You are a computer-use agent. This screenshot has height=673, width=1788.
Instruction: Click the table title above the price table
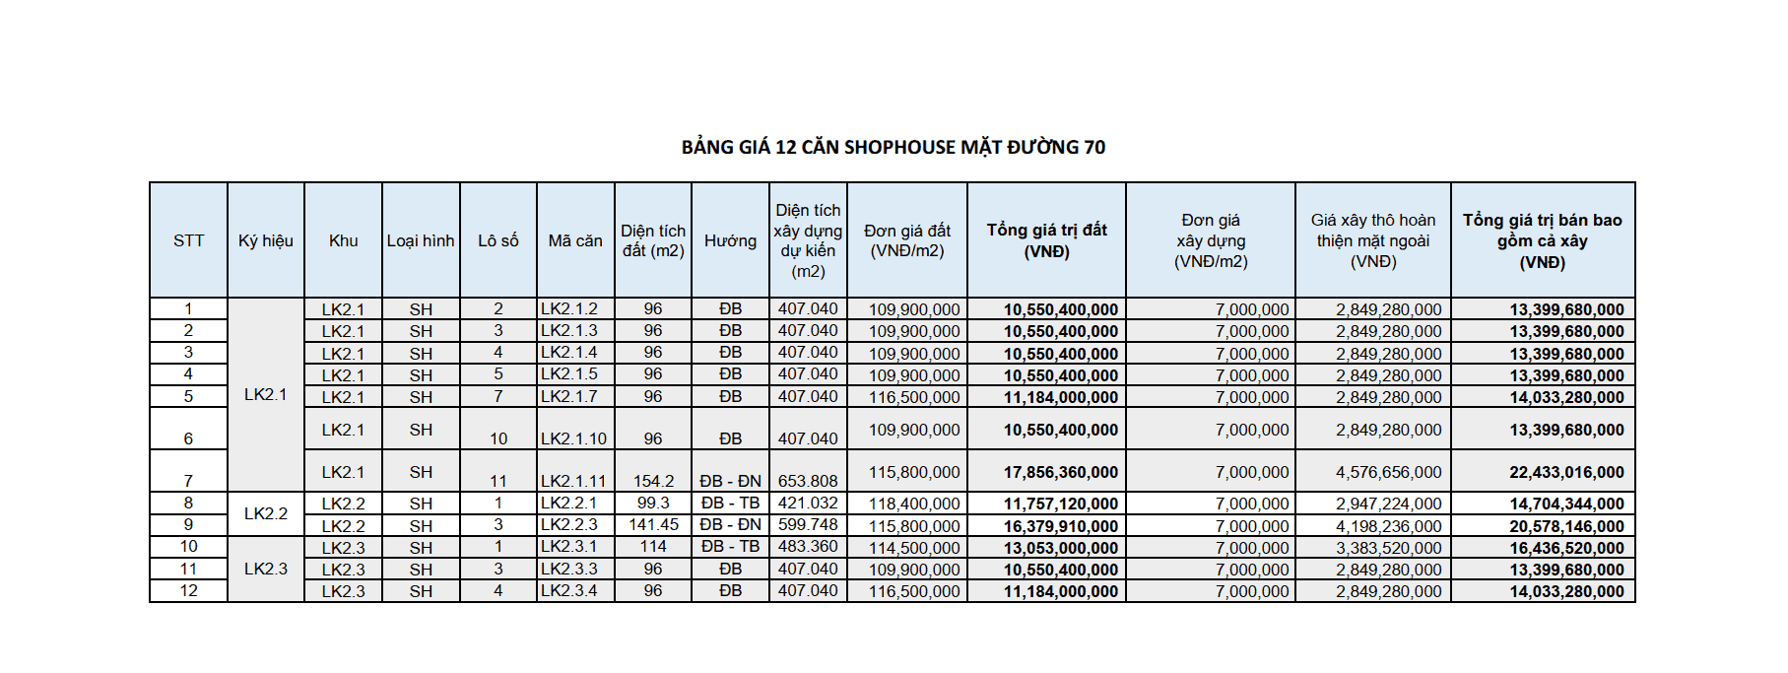coord(893,148)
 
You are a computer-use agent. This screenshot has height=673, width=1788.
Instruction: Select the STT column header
coord(188,240)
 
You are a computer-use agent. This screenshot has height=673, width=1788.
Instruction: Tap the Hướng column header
coord(730,240)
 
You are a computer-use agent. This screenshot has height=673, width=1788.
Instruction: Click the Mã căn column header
coord(575,240)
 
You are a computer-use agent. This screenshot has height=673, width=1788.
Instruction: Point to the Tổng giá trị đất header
coord(1046,240)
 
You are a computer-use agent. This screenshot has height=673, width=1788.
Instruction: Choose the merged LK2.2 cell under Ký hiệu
coord(266,513)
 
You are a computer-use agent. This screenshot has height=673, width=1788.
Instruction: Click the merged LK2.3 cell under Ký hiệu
coord(266,569)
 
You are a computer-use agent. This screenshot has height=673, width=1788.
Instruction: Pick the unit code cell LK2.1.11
coord(573,481)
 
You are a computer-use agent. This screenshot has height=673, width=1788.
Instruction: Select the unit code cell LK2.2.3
coord(569,525)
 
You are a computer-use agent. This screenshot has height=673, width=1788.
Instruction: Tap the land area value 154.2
coord(653,481)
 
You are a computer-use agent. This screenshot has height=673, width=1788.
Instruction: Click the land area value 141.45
coord(653,525)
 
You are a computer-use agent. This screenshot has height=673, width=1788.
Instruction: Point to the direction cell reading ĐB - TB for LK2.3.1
coord(730,547)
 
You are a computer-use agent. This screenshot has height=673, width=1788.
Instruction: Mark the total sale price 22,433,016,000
coord(1566,473)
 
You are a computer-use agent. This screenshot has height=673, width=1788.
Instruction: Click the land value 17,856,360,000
coord(1060,473)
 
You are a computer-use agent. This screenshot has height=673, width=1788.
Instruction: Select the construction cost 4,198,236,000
coord(1388,526)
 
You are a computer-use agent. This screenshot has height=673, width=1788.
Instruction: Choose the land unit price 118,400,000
coord(913,505)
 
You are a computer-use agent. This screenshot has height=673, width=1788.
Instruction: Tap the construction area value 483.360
coord(808,547)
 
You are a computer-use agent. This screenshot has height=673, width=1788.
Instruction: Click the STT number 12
coord(188,590)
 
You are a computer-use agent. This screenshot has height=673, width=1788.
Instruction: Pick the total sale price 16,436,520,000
coord(1566,548)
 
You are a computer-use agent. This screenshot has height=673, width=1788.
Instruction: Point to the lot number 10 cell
coord(498,438)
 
